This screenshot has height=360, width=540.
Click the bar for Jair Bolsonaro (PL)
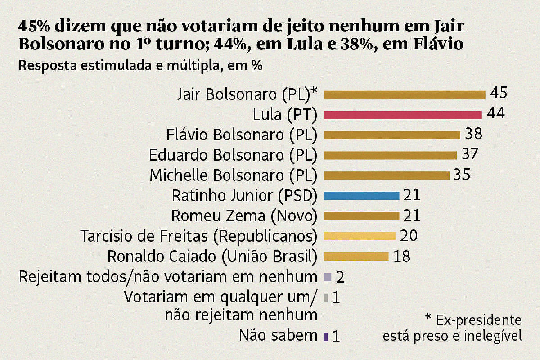[405, 95]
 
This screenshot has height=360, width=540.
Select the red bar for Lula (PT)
[403, 115]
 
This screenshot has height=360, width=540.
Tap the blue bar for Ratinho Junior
[361, 196]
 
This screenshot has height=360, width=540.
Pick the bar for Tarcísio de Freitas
[360, 236]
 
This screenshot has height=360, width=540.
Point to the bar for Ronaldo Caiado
[356, 256]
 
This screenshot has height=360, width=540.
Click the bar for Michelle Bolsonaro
[387, 175]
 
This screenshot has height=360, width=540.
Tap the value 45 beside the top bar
[499, 93]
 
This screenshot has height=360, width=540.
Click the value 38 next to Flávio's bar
[473, 134]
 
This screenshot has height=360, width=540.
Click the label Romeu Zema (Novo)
[244, 216]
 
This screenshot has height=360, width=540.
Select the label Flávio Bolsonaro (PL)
[242, 135]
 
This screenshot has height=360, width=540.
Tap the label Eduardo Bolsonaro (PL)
[233, 155]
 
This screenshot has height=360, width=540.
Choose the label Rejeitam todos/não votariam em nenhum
[168, 276]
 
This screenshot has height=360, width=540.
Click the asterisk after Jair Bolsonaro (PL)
[314, 93]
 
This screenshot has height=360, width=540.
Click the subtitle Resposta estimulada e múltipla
[140, 65]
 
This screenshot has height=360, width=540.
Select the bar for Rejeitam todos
[328, 276]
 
